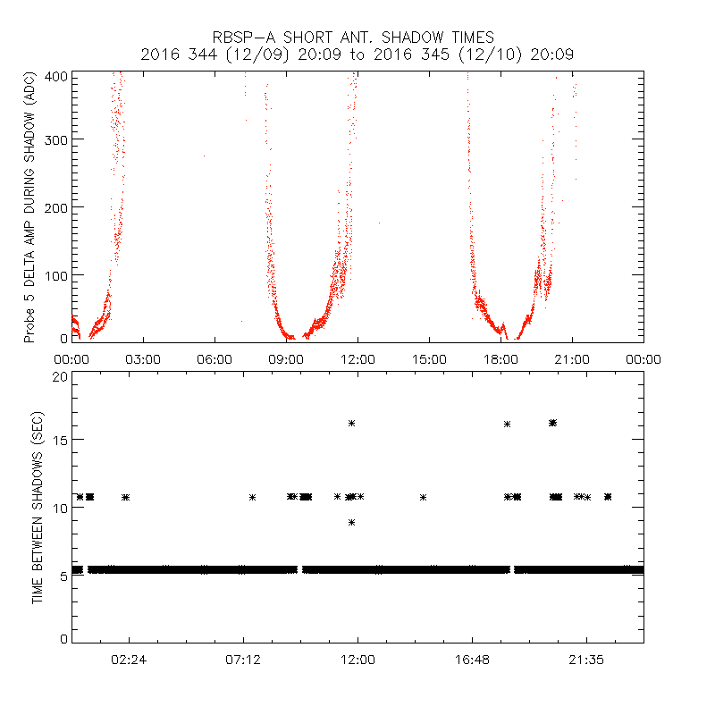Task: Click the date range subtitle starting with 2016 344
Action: pos(357,55)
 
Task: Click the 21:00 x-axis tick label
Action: pos(572,359)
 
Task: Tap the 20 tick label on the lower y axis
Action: pos(61,376)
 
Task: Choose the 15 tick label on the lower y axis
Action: pos(61,440)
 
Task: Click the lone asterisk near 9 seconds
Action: pos(352,522)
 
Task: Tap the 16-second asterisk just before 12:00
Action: pos(352,423)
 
